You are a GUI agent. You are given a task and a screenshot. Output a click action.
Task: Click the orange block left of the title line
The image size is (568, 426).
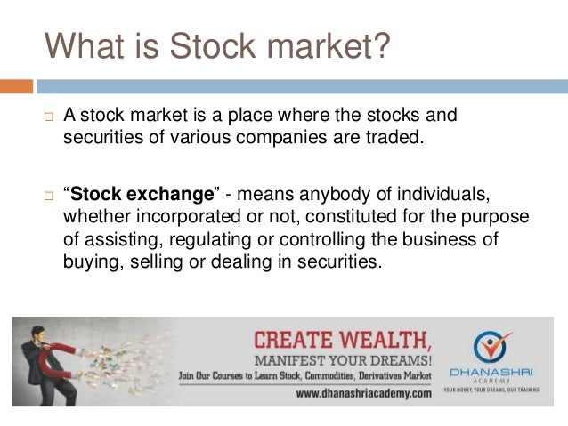[x=16, y=86]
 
